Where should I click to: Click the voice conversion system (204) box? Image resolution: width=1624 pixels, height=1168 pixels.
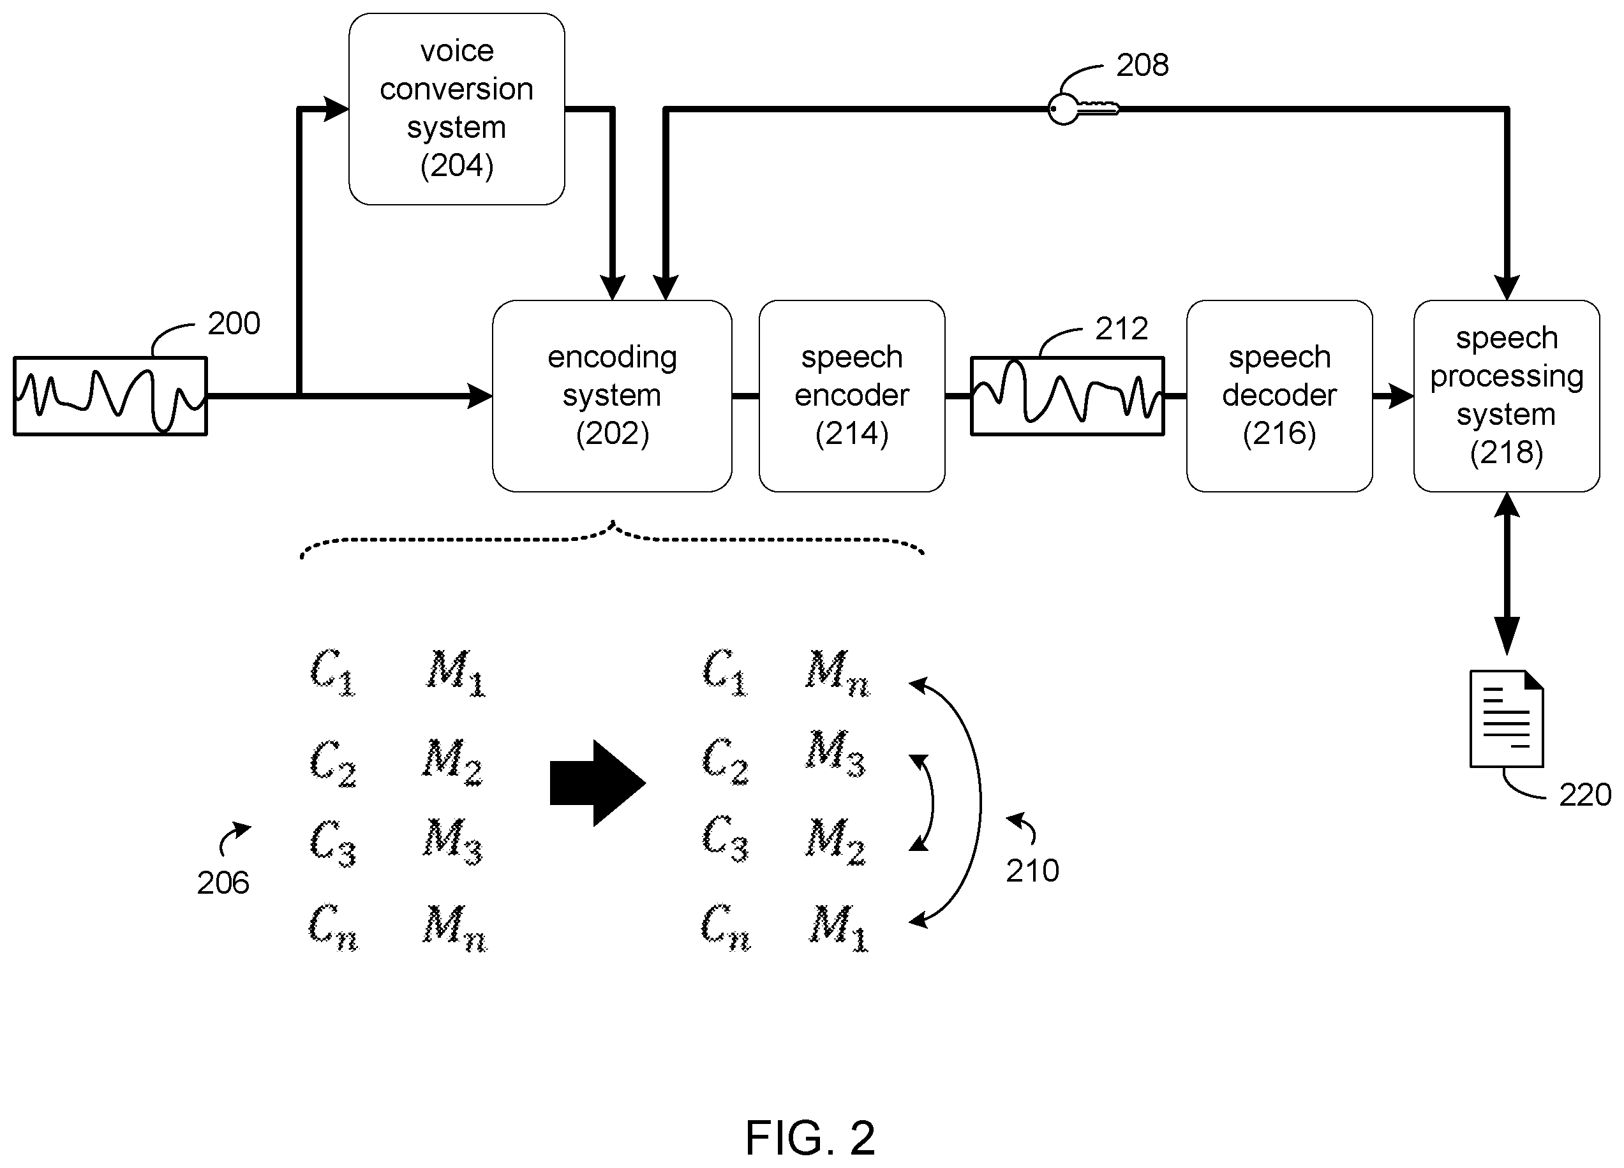click(457, 109)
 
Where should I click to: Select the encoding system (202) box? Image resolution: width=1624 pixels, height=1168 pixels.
click(612, 395)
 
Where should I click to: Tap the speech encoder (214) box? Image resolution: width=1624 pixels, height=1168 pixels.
click(852, 395)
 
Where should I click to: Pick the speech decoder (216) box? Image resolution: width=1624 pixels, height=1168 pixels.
click(1279, 395)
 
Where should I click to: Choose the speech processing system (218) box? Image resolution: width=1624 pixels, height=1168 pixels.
click(1507, 395)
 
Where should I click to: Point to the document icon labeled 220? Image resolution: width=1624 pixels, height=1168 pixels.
click(1507, 718)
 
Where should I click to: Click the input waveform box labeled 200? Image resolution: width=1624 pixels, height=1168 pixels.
click(110, 395)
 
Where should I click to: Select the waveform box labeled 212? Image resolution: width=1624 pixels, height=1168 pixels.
click(1068, 395)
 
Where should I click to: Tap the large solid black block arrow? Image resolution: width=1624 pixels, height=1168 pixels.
click(598, 783)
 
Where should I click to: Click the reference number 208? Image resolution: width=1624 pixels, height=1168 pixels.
click(1143, 65)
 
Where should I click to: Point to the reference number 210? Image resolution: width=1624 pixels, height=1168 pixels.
click(1032, 871)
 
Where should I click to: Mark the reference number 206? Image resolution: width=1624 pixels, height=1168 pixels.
click(223, 883)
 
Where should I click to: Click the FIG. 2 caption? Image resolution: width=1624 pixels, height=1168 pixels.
click(810, 1138)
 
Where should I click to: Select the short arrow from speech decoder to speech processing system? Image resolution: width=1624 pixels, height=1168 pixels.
click(1394, 395)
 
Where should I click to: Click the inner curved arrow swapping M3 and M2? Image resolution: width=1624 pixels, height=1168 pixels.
click(932, 802)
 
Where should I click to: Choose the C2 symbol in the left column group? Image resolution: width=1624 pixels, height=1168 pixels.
click(333, 763)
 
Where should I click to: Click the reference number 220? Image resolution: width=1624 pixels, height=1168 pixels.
click(1585, 795)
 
